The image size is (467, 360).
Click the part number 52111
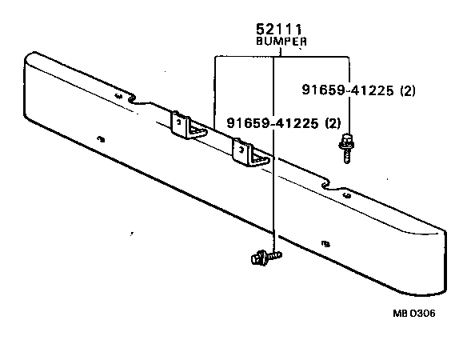(279, 30)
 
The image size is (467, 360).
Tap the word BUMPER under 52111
(280, 42)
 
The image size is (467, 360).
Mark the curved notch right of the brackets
(328, 186)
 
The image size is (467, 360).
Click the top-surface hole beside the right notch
(346, 193)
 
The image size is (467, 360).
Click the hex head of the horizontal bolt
(255, 258)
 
